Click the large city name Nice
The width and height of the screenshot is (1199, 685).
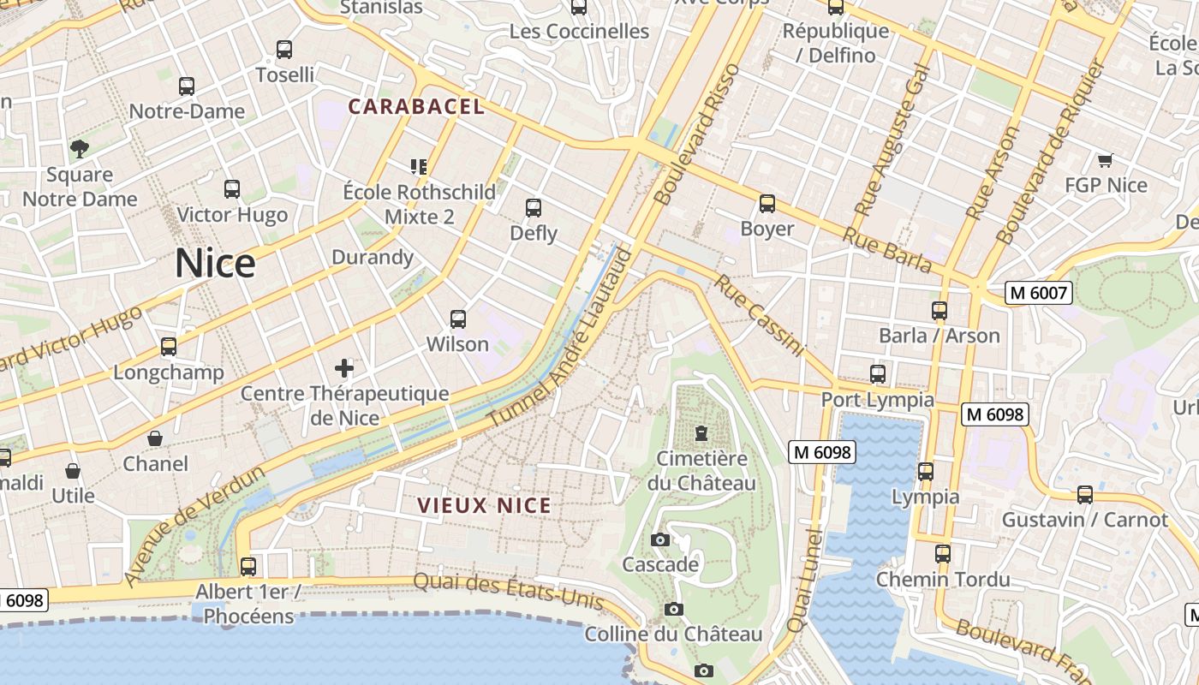tap(215, 263)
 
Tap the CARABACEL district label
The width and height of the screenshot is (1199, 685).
tap(416, 107)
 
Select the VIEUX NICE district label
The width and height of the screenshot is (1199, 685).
tap(484, 506)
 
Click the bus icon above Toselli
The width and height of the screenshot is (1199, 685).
tap(284, 50)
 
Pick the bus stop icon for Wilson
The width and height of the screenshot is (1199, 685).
tap(458, 319)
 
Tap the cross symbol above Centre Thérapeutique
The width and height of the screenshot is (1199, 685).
tap(344, 368)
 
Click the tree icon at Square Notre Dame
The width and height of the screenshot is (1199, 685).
tap(80, 149)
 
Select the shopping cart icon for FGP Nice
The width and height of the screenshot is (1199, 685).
tap(1105, 160)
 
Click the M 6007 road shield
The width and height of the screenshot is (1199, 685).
tap(1038, 293)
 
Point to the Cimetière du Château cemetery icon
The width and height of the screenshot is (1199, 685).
tap(701, 433)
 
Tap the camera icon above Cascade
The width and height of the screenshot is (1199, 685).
tap(659, 539)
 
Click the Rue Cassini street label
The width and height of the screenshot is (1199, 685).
tap(761, 315)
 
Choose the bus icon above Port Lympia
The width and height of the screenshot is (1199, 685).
tap(877, 374)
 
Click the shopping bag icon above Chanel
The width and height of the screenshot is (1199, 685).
tap(155, 438)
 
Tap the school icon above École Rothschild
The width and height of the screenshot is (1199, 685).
tap(419, 166)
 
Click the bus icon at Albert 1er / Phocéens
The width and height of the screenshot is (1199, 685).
tap(248, 566)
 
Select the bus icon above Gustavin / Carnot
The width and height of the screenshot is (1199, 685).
tap(1084, 495)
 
